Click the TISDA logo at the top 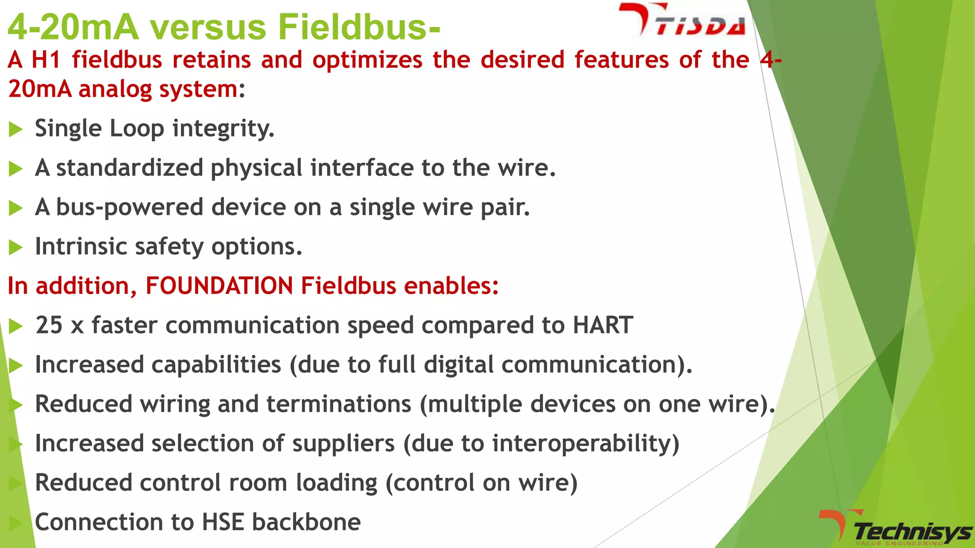(x=682, y=20)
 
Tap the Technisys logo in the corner (x=895, y=529)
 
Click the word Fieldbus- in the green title (x=359, y=27)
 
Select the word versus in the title (x=209, y=27)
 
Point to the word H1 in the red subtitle (x=46, y=60)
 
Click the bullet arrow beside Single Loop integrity (x=16, y=129)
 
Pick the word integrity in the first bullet (x=223, y=129)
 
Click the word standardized (x=130, y=168)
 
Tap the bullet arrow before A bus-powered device (x=16, y=208)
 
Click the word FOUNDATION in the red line (x=219, y=286)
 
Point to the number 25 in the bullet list (x=49, y=325)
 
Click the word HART (x=603, y=325)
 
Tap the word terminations (x=338, y=404)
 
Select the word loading (x=337, y=483)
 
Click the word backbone (x=306, y=522)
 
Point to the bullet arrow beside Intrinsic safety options (x=16, y=247)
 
